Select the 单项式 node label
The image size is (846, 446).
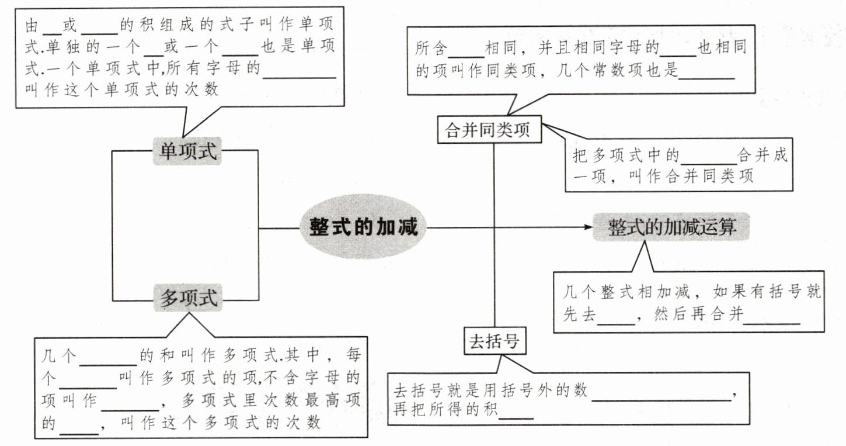(187, 151)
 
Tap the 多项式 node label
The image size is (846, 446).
(188, 298)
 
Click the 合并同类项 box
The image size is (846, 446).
(489, 130)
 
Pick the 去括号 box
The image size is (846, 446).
(495, 341)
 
